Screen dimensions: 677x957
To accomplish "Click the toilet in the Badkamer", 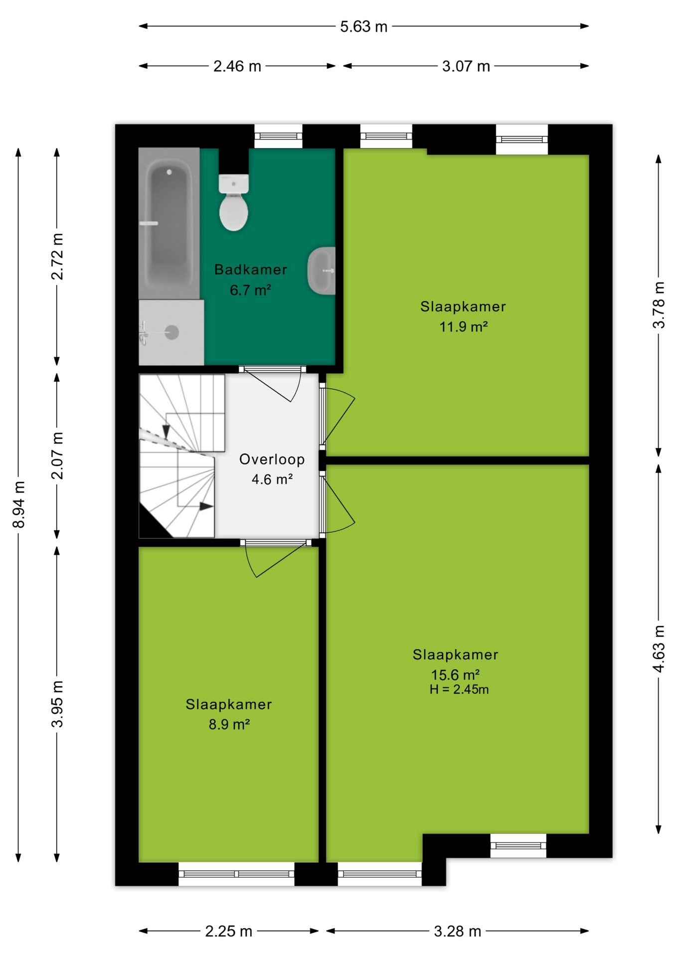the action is point(233,202).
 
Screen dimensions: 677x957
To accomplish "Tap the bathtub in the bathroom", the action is point(169,223).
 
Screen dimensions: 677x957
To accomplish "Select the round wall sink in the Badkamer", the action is point(322,271).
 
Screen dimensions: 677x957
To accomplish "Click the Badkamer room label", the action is point(251,270).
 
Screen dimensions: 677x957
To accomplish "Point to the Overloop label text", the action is point(272,459).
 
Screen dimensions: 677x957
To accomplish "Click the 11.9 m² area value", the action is point(463,327).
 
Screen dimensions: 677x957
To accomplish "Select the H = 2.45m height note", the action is point(459,689).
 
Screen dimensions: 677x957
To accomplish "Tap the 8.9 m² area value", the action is point(229,724).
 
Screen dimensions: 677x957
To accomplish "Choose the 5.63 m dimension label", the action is point(364,26).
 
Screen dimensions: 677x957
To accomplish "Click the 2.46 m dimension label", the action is point(237,66).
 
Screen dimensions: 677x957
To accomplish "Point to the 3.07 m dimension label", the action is point(466,66).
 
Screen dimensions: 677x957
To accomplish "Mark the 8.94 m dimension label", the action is point(18,504).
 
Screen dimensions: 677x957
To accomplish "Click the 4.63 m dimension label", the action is point(659,648).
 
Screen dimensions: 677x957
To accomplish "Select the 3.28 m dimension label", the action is point(458,931).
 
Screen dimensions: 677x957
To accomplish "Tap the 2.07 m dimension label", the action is point(57,456).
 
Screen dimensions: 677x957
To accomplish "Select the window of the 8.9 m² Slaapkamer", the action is point(236,874).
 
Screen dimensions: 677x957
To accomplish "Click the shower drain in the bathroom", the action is point(172,332).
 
